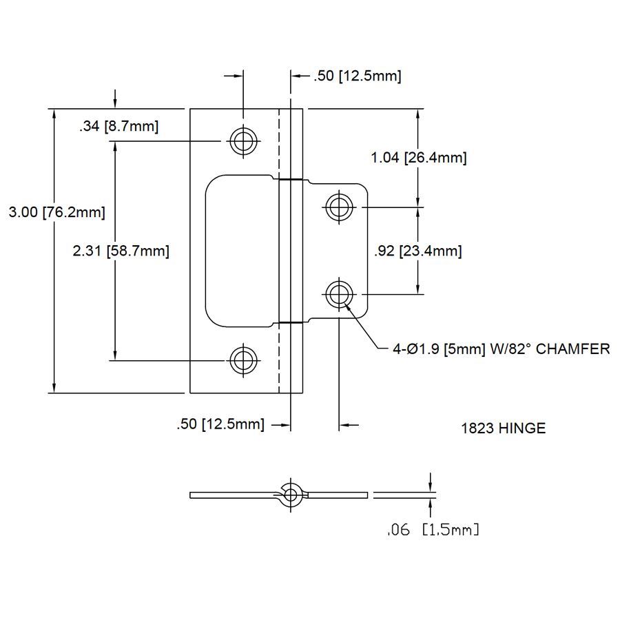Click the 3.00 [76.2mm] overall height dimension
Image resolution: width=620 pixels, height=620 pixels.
(x=56, y=213)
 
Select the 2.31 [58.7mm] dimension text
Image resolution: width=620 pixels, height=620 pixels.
(x=121, y=251)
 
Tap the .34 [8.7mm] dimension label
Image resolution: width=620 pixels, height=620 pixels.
(x=118, y=127)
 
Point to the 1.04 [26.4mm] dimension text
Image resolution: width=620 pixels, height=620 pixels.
(x=418, y=158)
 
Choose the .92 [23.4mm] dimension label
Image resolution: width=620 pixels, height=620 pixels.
(x=417, y=251)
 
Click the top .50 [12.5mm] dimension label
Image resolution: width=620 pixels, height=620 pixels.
(x=357, y=76)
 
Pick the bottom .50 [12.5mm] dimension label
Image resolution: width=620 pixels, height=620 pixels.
(x=220, y=424)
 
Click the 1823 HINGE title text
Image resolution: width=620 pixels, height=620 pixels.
(x=503, y=428)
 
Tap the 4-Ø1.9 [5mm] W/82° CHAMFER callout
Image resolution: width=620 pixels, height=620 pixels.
(x=501, y=349)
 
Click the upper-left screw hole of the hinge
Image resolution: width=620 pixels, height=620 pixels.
(x=242, y=141)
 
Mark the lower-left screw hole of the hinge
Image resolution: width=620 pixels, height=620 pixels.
(x=242, y=360)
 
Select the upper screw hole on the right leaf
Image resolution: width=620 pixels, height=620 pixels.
(x=338, y=205)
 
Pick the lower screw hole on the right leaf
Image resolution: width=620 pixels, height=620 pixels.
(x=338, y=295)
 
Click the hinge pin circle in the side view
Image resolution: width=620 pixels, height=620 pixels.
(x=291, y=494)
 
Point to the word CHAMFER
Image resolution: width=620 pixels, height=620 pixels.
(x=572, y=349)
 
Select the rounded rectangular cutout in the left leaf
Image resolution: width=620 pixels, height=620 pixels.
(x=241, y=250)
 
